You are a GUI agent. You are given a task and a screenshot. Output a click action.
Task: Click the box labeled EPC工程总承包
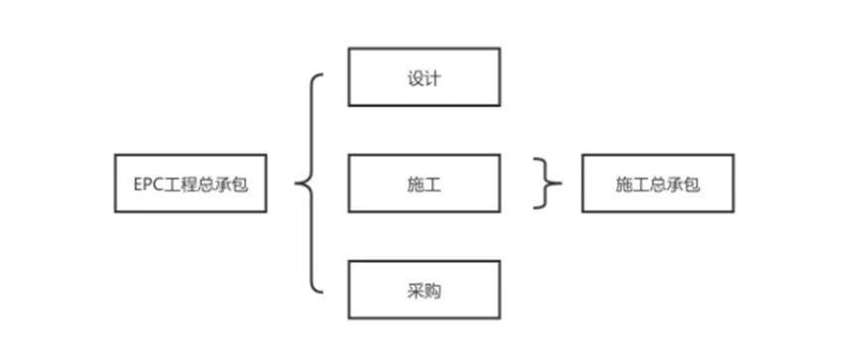pyautogui.click(x=190, y=183)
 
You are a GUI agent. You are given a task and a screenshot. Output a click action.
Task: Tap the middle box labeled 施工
pyautogui.click(x=424, y=183)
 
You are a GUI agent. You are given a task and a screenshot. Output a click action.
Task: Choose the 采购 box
pyautogui.click(x=424, y=291)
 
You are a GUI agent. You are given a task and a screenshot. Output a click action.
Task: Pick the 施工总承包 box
pyautogui.click(x=658, y=183)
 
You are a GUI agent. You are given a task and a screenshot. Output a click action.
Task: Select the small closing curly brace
pyautogui.click(x=545, y=183)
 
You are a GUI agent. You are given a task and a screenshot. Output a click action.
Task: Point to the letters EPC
pyautogui.click(x=147, y=184)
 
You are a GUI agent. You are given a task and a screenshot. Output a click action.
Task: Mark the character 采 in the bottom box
pyautogui.click(x=415, y=291)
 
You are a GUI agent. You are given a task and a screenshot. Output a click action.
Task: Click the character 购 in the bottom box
pyautogui.click(x=432, y=291)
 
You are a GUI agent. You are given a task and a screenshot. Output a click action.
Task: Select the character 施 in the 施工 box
pyautogui.click(x=415, y=184)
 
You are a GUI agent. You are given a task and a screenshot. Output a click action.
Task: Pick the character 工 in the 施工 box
pyautogui.click(x=432, y=184)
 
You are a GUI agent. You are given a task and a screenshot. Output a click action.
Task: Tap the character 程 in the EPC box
pyautogui.click(x=187, y=184)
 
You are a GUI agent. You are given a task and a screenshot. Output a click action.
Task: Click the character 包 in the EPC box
pyautogui.click(x=239, y=184)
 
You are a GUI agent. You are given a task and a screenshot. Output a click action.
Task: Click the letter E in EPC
pyautogui.click(x=138, y=184)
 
